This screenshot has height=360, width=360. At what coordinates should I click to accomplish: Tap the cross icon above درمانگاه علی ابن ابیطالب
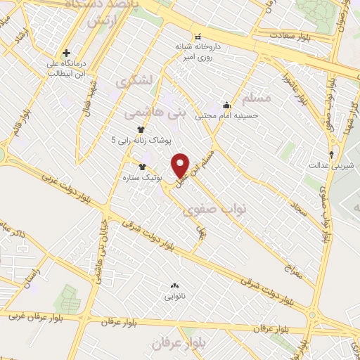[x=67, y=53]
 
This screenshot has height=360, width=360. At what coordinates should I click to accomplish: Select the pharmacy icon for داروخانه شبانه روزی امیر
[x=198, y=36]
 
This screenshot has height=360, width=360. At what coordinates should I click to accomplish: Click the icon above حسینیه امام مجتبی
[x=226, y=105]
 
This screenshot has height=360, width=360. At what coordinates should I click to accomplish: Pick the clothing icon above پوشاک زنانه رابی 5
[x=141, y=129]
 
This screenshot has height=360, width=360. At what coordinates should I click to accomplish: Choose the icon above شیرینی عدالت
[x=334, y=155]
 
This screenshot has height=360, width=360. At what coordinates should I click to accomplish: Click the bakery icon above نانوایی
[x=174, y=285]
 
